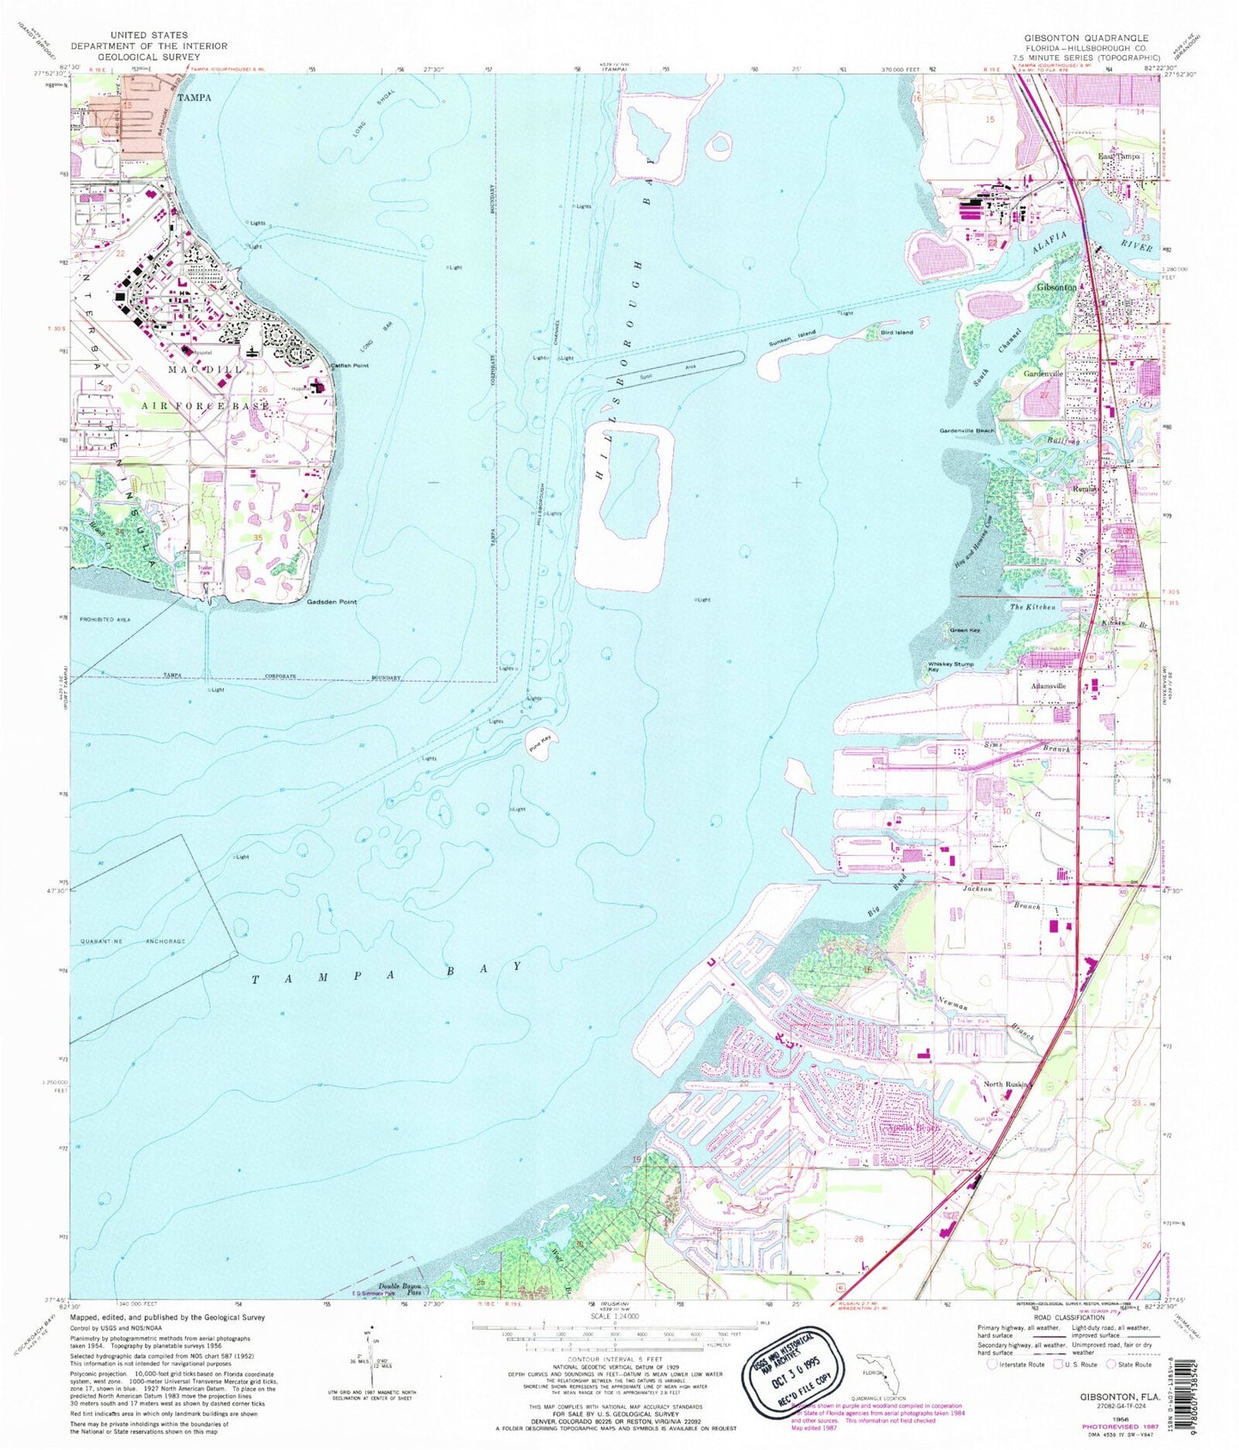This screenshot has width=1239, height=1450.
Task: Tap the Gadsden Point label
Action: click(x=332, y=602)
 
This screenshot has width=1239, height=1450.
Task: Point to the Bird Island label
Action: click(x=894, y=332)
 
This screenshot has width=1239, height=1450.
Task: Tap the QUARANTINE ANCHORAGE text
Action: click(x=133, y=942)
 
